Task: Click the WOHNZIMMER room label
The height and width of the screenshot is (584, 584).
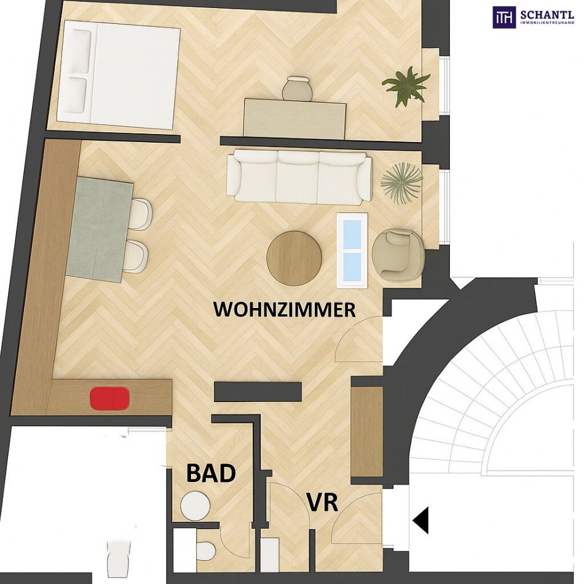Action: (x=284, y=310)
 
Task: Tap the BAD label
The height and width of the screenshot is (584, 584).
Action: (x=211, y=473)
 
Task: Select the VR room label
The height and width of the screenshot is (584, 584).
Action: (x=323, y=502)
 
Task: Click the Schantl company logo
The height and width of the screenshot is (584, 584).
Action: (x=534, y=17)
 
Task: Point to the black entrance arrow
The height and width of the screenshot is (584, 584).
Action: (x=420, y=520)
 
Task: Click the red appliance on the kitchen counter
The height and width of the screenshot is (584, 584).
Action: (x=109, y=398)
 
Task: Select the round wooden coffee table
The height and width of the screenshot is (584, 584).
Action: (x=294, y=258)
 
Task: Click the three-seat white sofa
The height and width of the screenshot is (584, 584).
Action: (x=299, y=177)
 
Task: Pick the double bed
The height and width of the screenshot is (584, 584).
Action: (x=118, y=71)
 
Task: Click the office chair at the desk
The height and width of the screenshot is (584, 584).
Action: (x=296, y=89)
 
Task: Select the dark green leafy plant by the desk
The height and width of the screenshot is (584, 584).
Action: (x=405, y=85)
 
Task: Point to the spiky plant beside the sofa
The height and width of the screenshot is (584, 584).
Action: (x=401, y=181)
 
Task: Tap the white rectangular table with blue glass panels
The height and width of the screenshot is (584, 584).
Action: (x=352, y=250)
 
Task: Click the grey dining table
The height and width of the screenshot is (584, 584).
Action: (x=100, y=229)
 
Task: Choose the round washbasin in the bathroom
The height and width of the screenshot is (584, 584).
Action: (x=195, y=505)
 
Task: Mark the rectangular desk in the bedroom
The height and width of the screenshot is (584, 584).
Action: (x=295, y=117)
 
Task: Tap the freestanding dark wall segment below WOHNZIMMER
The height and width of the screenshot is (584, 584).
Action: (x=258, y=392)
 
